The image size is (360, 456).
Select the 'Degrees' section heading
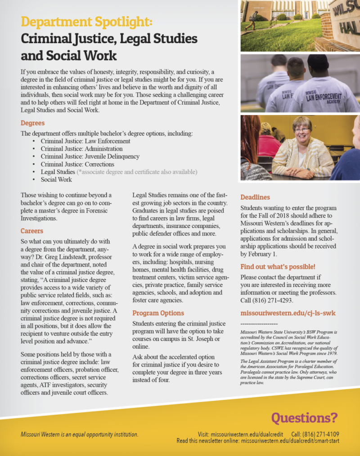coord(33,123)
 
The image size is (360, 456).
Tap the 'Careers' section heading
coord(32,231)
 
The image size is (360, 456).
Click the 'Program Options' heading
coord(158,313)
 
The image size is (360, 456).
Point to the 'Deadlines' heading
coord(255,197)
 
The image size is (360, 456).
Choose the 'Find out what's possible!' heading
coord(278,266)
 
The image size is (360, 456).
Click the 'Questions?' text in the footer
coord(304,418)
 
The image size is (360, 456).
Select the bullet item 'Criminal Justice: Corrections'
coord(77,164)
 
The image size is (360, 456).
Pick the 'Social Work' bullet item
coord(56,179)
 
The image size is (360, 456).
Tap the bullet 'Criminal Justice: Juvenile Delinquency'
coord(90,156)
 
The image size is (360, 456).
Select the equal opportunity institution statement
coord(80,434)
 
